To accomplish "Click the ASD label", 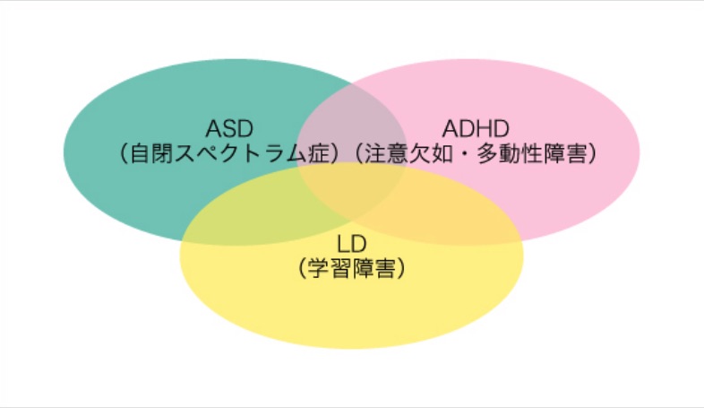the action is pyautogui.click(x=229, y=128).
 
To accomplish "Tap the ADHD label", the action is pyautogui.click(x=476, y=128).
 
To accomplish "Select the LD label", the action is pyautogui.click(x=351, y=244).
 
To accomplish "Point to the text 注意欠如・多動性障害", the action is pyautogui.click(x=475, y=154).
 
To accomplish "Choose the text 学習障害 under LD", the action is pyautogui.click(x=351, y=269).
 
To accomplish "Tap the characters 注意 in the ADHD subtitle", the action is pyautogui.click(x=386, y=154).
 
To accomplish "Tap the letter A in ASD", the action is pyautogui.click(x=214, y=128).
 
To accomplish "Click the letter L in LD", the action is pyautogui.click(x=343, y=244).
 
